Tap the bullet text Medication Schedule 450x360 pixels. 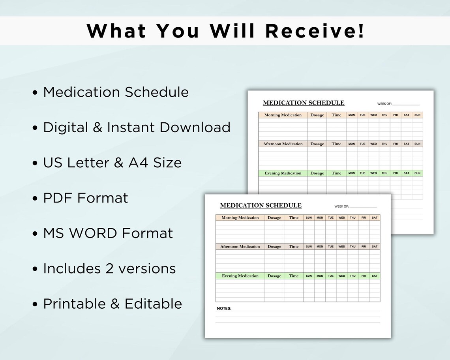coord(116,92)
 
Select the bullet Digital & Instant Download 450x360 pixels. coord(137,127)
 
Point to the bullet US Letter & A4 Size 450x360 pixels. coord(112,162)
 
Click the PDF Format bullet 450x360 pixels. coord(86,198)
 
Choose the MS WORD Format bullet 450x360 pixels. coord(108,233)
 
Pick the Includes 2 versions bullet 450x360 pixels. coord(109,268)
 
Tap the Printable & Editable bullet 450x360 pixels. coord(112,304)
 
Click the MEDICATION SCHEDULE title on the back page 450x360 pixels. coord(304,103)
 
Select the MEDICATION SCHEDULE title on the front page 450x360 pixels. coord(261,206)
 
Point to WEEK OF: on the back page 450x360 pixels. coord(384,104)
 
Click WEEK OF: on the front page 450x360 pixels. coord(341,206)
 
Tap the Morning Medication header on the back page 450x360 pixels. coord(283,115)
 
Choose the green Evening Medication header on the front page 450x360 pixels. coord(240,276)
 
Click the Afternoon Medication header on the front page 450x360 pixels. coord(240,247)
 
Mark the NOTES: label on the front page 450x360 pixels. coord(224,309)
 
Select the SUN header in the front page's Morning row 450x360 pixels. coord(309,217)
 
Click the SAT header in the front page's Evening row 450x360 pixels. coord(375,276)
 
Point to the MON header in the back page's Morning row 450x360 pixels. coord(351,115)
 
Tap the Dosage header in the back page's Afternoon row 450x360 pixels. coord(317,144)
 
